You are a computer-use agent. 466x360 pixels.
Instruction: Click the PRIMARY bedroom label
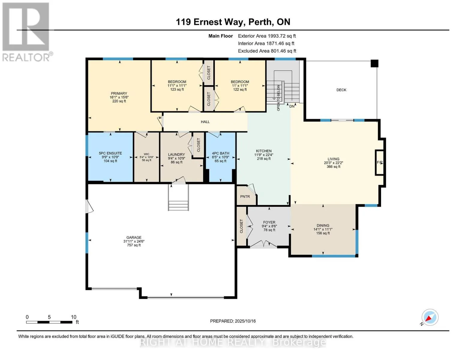tap(119, 93)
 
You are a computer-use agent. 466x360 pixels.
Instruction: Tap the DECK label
tap(341, 90)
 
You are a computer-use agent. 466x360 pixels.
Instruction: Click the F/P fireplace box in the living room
tap(380, 162)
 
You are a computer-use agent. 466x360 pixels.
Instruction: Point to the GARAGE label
tap(134, 237)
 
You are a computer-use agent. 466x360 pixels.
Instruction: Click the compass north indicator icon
tap(430, 317)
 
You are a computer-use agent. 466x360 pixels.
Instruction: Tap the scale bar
tap(49, 322)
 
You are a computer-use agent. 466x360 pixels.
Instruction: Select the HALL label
tap(205, 122)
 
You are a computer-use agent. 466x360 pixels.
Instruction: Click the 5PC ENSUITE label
tap(110, 153)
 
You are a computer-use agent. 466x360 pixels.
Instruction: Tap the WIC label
tap(146, 154)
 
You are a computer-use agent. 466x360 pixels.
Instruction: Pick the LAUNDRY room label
tap(176, 154)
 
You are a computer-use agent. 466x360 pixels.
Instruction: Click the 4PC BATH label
tap(221, 153)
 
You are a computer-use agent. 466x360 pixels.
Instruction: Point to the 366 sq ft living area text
tap(333, 166)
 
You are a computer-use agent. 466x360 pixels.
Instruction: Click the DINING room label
tap(323, 225)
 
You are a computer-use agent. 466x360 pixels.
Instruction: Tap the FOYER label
tap(269, 222)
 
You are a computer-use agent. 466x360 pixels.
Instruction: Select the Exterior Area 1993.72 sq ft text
tap(267, 36)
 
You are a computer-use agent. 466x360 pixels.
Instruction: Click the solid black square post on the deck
tap(374, 64)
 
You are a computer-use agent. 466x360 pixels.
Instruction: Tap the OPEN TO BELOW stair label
tap(278, 98)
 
